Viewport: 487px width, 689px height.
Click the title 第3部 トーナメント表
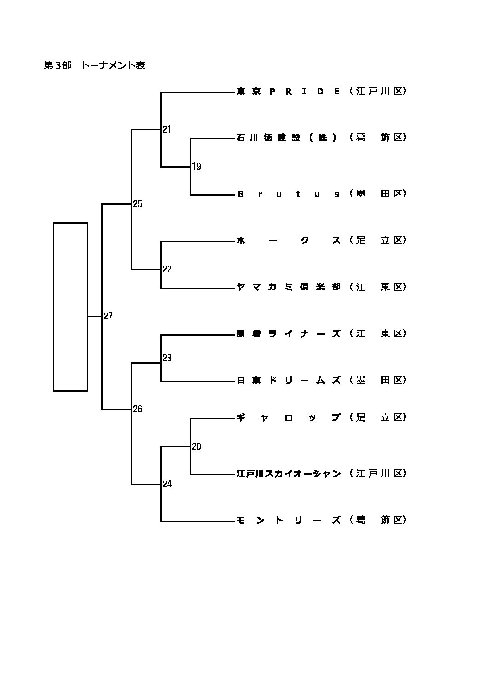[x=94, y=65]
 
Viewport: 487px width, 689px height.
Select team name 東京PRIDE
[x=288, y=91]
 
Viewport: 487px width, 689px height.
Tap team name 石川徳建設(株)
[x=288, y=138]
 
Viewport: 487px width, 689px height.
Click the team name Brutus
[x=288, y=194]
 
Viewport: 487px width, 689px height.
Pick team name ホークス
[x=288, y=240]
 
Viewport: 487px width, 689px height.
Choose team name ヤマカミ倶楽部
[x=288, y=287]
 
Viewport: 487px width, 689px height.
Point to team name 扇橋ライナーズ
[x=288, y=334]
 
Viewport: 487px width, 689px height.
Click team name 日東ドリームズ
[x=288, y=380]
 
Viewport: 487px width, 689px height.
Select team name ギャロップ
[x=288, y=417]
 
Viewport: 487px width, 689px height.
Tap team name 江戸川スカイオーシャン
[x=288, y=474]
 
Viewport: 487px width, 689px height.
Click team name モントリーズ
[x=288, y=520]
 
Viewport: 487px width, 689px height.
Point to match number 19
[x=197, y=167]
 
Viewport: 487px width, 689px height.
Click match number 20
[x=197, y=446]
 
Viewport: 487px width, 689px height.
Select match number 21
[x=167, y=129]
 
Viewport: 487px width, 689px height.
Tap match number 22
[x=167, y=269]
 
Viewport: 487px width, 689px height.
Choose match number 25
[x=138, y=204]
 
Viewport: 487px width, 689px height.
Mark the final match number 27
[x=108, y=316]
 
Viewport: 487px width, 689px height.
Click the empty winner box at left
[x=70, y=307]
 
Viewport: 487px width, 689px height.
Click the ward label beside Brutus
[x=377, y=194]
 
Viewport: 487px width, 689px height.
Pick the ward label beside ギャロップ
[x=377, y=417]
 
